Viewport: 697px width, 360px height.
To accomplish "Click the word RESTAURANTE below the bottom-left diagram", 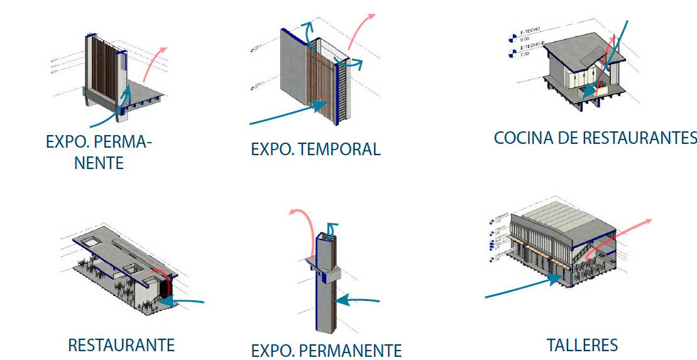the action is pos(121,345).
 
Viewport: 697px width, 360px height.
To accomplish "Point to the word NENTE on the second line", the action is pos(99,164).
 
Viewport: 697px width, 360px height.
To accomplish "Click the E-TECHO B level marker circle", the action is pos(512,52).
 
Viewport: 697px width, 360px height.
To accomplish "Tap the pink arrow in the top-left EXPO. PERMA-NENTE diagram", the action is pos(153,63).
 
